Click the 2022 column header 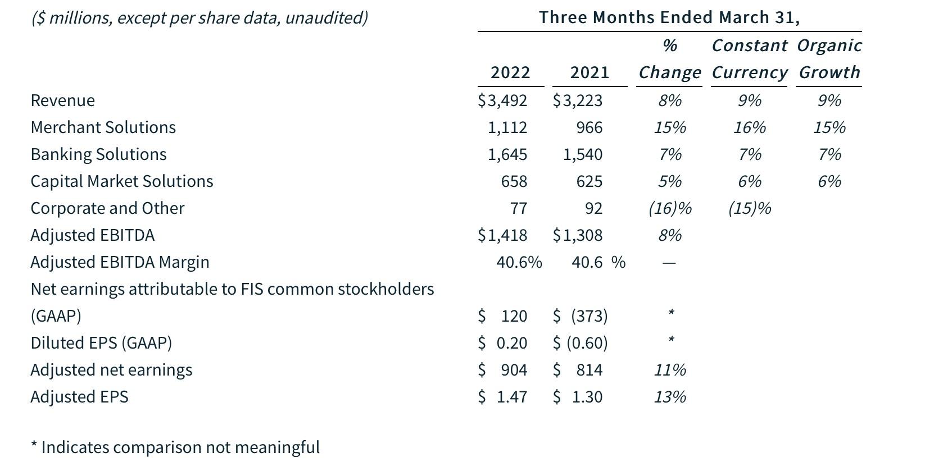pyautogui.click(x=510, y=72)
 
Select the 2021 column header pyautogui.click(x=589, y=72)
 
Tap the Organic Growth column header pyautogui.click(x=829, y=59)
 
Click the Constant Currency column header pyautogui.click(x=749, y=59)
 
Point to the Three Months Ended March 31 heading pyautogui.click(x=669, y=17)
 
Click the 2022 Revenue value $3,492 pyautogui.click(x=502, y=100)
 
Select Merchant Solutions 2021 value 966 pyautogui.click(x=589, y=127)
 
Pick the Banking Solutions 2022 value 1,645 pyautogui.click(x=507, y=154)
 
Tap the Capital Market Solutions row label pyautogui.click(x=122, y=181)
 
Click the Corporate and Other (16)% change pyautogui.click(x=669, y=208)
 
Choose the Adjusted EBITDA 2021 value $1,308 pyautogui.click(x=578, y=235)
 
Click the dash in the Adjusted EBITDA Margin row pyautogui.click(x=669, y=263)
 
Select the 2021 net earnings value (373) pyautogui.click(x=589, y=316)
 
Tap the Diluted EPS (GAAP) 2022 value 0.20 pyautogui.click(x=511, y=343)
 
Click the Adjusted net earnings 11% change pyautogui.click(x=669, y=370)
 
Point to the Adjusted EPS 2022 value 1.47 pyautogui.click(x=511, y=397)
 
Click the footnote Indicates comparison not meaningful pyautogui.click(x=175, y=447)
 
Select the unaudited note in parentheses pyautogui.click(x=199, y=18)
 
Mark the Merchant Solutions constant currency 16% pyautogui.click(x=749, y=127)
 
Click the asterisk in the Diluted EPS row pyautogui.click(x=670, y=340)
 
